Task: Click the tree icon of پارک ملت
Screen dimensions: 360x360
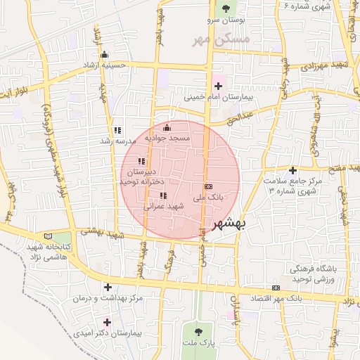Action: click(x=197, y=330)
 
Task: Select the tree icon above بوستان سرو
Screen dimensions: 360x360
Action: click(x=226, y=8)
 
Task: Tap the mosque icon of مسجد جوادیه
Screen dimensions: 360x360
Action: click(x=167, y=127)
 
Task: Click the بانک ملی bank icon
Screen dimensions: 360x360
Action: click(x=207, y=186)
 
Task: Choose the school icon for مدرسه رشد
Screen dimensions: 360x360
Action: click(x=117, y=130)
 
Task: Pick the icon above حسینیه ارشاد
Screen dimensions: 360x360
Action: click(x=105, y=55)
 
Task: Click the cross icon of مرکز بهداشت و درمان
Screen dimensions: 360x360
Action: click(x=108, y=287)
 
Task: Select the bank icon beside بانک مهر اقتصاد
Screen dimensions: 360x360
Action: click(x=276, y=287)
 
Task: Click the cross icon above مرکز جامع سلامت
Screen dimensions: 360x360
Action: click(x=292, y=170)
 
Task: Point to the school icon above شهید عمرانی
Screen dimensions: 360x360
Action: click(x=163, y=195)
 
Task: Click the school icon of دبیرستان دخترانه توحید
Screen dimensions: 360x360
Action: click(x=142, y=161)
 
